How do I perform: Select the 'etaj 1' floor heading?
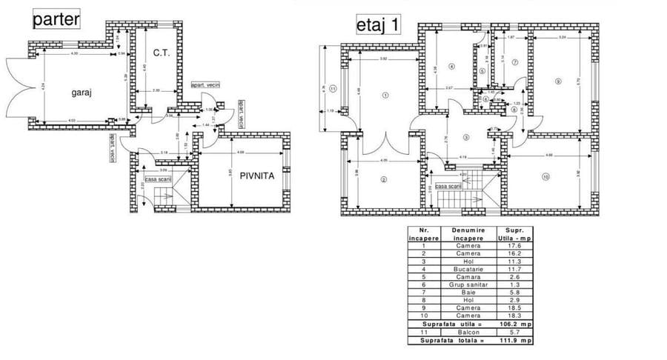tap(379, 24)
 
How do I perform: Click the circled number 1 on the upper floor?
tap(385, 95)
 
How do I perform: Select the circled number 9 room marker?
tap(557, 81)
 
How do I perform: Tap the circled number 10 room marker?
tap(545, 176)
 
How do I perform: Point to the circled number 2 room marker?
tap(384, 179)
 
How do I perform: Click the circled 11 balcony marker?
tap(333, 88)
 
